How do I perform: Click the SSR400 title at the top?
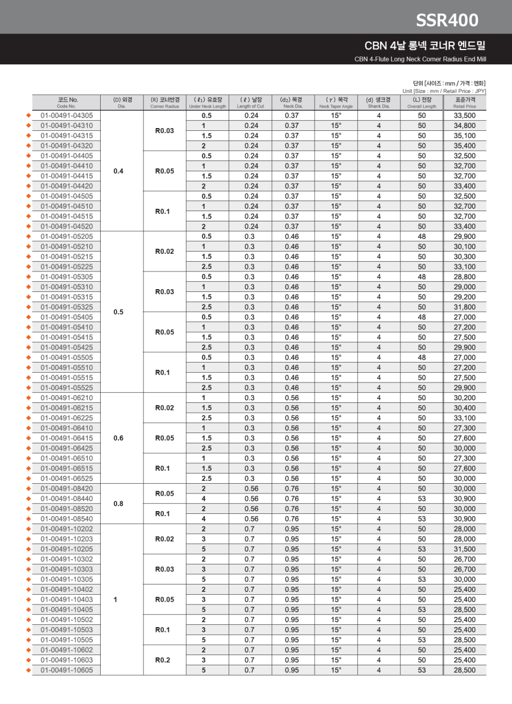[x=447, y=20]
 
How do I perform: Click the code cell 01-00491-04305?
[x=67, y=116]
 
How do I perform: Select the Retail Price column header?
[x=464, y=102]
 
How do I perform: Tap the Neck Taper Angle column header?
[x=336, y=102]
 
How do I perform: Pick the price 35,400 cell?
[x=464, y=146]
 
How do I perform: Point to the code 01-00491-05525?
[x=67, y=388]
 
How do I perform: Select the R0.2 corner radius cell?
[x=164, y=660]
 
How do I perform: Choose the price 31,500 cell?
[x=464, y=549]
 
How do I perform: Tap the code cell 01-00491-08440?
[x=67, y=499]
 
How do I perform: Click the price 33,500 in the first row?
[x=464, y=116]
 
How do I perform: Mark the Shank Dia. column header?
[x=378, y=102]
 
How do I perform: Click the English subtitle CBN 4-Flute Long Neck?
[x=420, y=59]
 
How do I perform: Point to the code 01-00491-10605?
[x=67, y=670]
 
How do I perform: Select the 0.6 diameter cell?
[x=118, y=438]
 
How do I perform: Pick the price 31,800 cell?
[x=464, y=307]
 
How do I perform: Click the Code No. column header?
[x=67, y=102]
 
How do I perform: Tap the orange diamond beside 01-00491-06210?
[x=28, y=398]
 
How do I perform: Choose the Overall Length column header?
[x=422, y=102]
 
